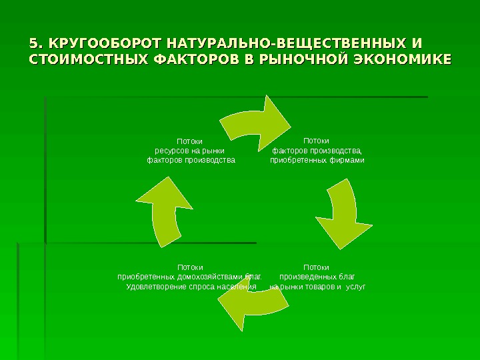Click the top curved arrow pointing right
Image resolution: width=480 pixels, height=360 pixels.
coord(257,121)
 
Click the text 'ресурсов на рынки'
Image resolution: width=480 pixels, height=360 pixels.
coord(189,151)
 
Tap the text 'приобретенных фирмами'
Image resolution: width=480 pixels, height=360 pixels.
coord(317,160)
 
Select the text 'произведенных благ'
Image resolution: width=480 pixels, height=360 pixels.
coord(317,277)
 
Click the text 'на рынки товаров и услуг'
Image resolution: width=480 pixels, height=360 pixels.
coord(317,287)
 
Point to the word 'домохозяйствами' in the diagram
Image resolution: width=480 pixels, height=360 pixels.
coord(211,277)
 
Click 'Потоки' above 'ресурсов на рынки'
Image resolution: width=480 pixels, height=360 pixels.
coord(189,141)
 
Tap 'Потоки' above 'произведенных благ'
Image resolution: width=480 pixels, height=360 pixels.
coord(316,267)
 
